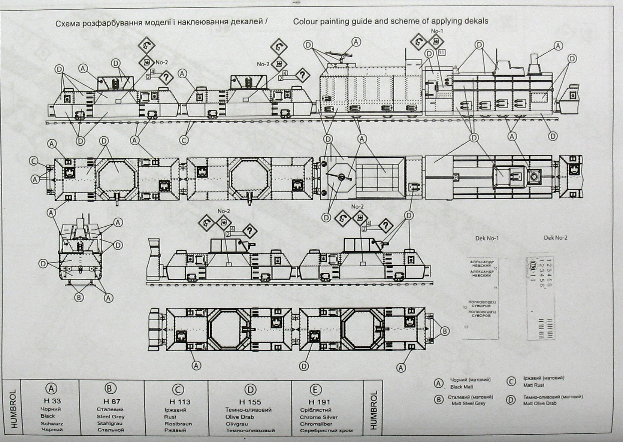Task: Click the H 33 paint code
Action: click(x=52, y=401)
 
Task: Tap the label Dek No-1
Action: click(x=487, y=238)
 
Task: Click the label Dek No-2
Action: click(x=556, y=237)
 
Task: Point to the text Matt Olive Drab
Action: click(x=540, y=403)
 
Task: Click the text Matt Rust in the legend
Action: click(x=534, y=385)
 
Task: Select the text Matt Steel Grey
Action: click(x=468, y=403)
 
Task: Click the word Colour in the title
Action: click(x=305, y=21)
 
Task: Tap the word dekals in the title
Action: click(x=475, y=21)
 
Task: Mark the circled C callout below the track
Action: click(x=184, y=140)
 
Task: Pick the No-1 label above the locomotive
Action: click(x=437, y=31)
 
